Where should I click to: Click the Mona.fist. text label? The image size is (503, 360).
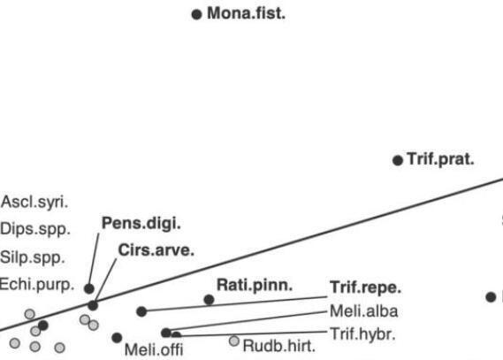click(x=246, y=13)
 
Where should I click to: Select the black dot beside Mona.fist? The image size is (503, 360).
click(x=196, y=14)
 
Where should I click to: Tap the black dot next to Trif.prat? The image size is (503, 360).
click(x=398, y=160)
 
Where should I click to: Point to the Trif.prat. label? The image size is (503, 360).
click(x=440, y=159)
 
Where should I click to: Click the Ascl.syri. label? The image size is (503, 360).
click(x=34, y=203)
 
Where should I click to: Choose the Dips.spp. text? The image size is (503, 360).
click(x=35, y=229)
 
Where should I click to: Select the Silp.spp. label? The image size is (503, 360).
click(x=33, y=257)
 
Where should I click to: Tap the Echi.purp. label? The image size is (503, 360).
click(x=37, y=285)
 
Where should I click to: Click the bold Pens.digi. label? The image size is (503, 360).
click(x=141, y=223)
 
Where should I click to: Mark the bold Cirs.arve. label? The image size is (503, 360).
click(x=156, y=250)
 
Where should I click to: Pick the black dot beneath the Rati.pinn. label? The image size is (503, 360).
click(x=209, y=300)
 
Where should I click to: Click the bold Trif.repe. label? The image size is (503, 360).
click(x=365, y=287)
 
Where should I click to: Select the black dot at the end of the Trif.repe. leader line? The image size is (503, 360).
click(x=141, y=311)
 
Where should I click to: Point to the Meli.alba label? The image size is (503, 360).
click(x=364, y=311)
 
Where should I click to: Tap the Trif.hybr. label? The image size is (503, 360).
click(x=362, y=334)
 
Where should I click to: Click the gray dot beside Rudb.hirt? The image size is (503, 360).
click(x=234, y=341)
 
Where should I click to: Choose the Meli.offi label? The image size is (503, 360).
click(x=154, y=349)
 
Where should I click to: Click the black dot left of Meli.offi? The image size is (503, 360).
click(x=117, y=338)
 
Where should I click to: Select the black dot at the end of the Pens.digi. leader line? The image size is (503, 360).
click(x=89, y=288)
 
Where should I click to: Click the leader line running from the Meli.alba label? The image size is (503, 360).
click(x=248, y=321)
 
